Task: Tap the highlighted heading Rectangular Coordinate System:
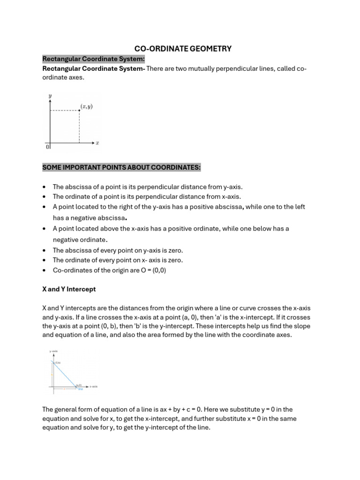point(94,59)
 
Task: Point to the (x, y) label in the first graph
point(87,106)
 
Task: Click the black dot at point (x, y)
point(79,111)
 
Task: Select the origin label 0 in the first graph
point(47,147)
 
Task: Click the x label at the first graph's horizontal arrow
point(97,142)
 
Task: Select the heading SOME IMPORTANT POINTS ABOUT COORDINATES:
point(121,167)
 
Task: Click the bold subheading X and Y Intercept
point(69,289)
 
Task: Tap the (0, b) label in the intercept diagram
point(58,362)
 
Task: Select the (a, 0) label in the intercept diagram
point(79,385)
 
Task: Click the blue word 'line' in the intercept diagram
point(80,389)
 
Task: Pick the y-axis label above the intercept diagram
point(53,351)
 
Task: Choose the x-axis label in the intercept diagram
point(93,387)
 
